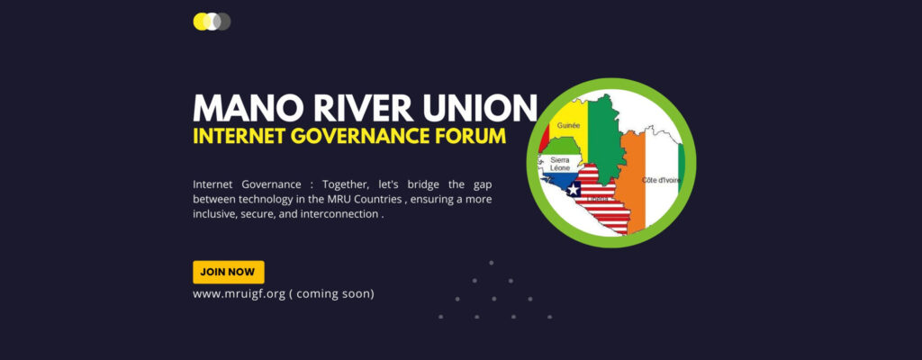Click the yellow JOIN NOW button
(229, 273)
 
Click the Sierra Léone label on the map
(559, 164)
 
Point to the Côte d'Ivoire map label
(662, 179)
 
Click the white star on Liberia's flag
(573, 189)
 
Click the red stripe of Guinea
(544, 139)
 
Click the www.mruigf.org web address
(240, 293)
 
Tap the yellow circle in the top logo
(201, 22)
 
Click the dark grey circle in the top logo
(224, 22)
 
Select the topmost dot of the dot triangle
(491, 263)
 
